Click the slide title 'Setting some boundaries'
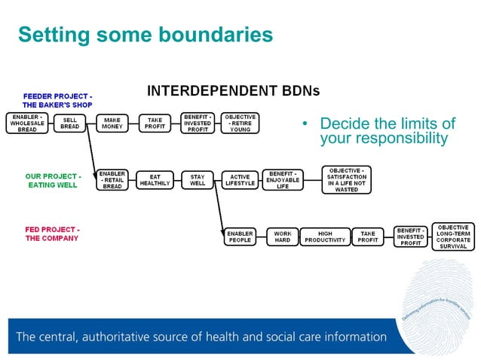[x=144, y=35]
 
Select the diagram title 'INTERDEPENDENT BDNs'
[x=233, y=91]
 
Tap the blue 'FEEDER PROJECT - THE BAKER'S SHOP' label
[x=57, y=101]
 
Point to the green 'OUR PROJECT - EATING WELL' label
[x=53, y=181]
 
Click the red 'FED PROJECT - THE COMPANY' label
[x=52, y=233]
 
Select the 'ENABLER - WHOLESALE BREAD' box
[x=26, y=124]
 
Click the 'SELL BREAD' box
[x=69, y=124]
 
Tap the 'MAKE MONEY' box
[x=112, y=124]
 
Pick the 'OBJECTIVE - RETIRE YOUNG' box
[x=241, y=124]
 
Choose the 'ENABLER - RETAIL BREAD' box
[x=112, y=180]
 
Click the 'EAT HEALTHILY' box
[x=155, y=180]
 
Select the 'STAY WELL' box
[x=198, y=180]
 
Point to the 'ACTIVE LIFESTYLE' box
[x=240, y=180]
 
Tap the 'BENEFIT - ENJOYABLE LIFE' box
[x=283, y=180]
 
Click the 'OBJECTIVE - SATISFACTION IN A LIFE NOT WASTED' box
[x=346, y=178]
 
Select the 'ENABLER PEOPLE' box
[x=240, y=237]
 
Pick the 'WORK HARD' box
[x=283, y=237]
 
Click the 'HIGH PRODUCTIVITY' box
[x=325, y=237]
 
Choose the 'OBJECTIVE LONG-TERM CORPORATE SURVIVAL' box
[x=453, y=236]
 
